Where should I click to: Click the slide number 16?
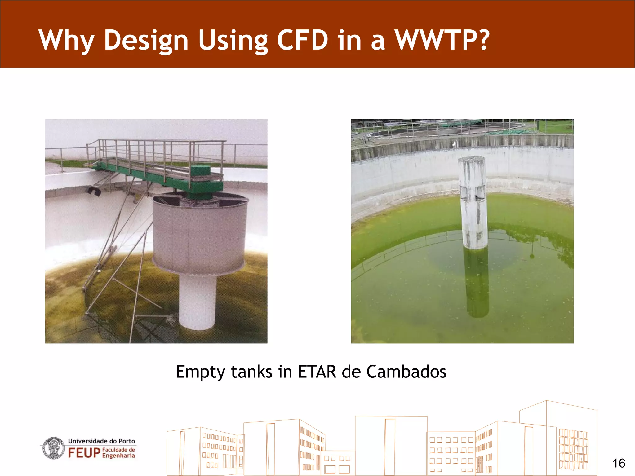pos(619,463)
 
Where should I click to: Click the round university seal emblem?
pos(54,448)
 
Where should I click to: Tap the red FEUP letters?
pos(84,453)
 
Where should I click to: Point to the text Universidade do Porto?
pos(101,441)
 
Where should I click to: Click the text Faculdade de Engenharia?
pos(119,452)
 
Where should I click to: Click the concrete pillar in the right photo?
pos(473,201)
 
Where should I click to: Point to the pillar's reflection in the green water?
pos(477,282)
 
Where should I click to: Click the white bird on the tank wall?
pos(455,143)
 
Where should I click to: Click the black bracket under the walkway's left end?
pos(94,191)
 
